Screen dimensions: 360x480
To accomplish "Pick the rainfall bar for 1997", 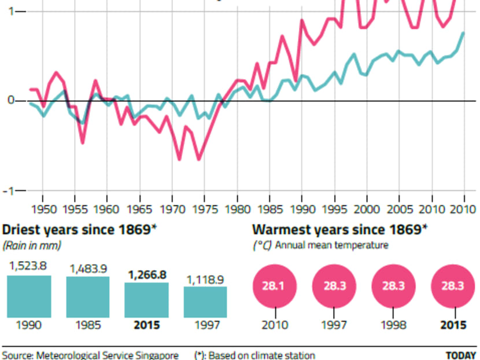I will click(205, 302).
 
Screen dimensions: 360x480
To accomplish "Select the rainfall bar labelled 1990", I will click(29, 296).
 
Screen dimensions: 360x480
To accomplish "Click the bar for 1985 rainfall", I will click(88, 297).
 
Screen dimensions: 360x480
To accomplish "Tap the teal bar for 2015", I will click(147, 300).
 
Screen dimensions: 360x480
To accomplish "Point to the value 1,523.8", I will click(29, 267).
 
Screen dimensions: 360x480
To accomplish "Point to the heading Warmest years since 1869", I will click(340, 230).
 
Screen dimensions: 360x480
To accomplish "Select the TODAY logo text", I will click(461, 355).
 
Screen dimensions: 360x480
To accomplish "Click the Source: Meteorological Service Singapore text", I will click(90, 355).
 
